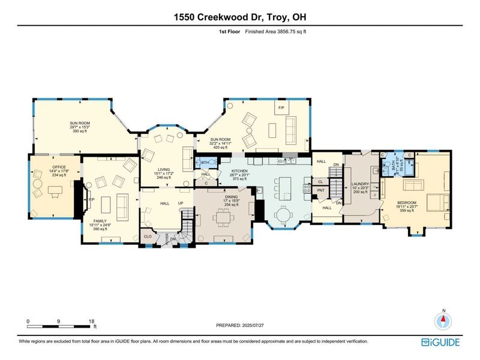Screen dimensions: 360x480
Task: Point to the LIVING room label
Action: tap(160, 170)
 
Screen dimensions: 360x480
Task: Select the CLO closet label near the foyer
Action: tap(148, 236)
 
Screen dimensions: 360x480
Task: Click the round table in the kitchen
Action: tap(286, 214)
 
